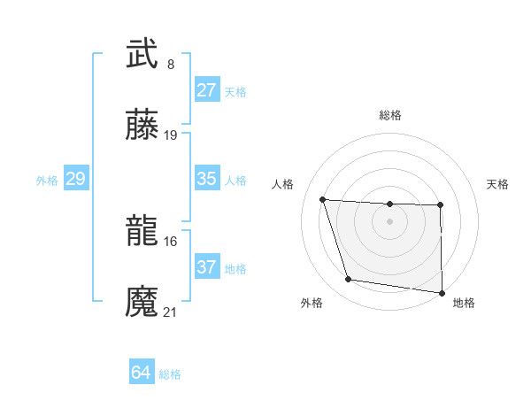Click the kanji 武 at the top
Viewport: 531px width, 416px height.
pos(142,54)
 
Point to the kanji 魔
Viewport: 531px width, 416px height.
pos(142,302)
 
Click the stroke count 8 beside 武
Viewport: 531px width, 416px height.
pos(171,64)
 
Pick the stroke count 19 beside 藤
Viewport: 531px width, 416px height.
pos(171,135)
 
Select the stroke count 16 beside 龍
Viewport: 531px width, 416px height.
pos(171,241)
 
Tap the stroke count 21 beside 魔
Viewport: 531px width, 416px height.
pos(171,312)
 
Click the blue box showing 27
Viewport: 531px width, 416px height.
pos(207,90)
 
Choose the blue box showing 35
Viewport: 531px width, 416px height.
pos(207,179)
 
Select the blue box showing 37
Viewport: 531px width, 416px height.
pos(207,267)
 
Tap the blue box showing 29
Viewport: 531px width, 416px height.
pos(75,179)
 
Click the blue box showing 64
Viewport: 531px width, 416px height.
pos(141,373)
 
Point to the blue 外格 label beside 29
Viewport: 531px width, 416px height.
pos(47,181)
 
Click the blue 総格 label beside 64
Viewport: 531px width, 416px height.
pos(170,374)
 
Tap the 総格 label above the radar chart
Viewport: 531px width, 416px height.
pos(390,115)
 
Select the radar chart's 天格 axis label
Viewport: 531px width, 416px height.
pos(497,184)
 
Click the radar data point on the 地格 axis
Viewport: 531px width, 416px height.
pos(442,292)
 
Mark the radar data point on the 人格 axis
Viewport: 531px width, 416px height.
pos(323,200)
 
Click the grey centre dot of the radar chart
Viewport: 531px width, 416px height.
pos(390,220)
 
